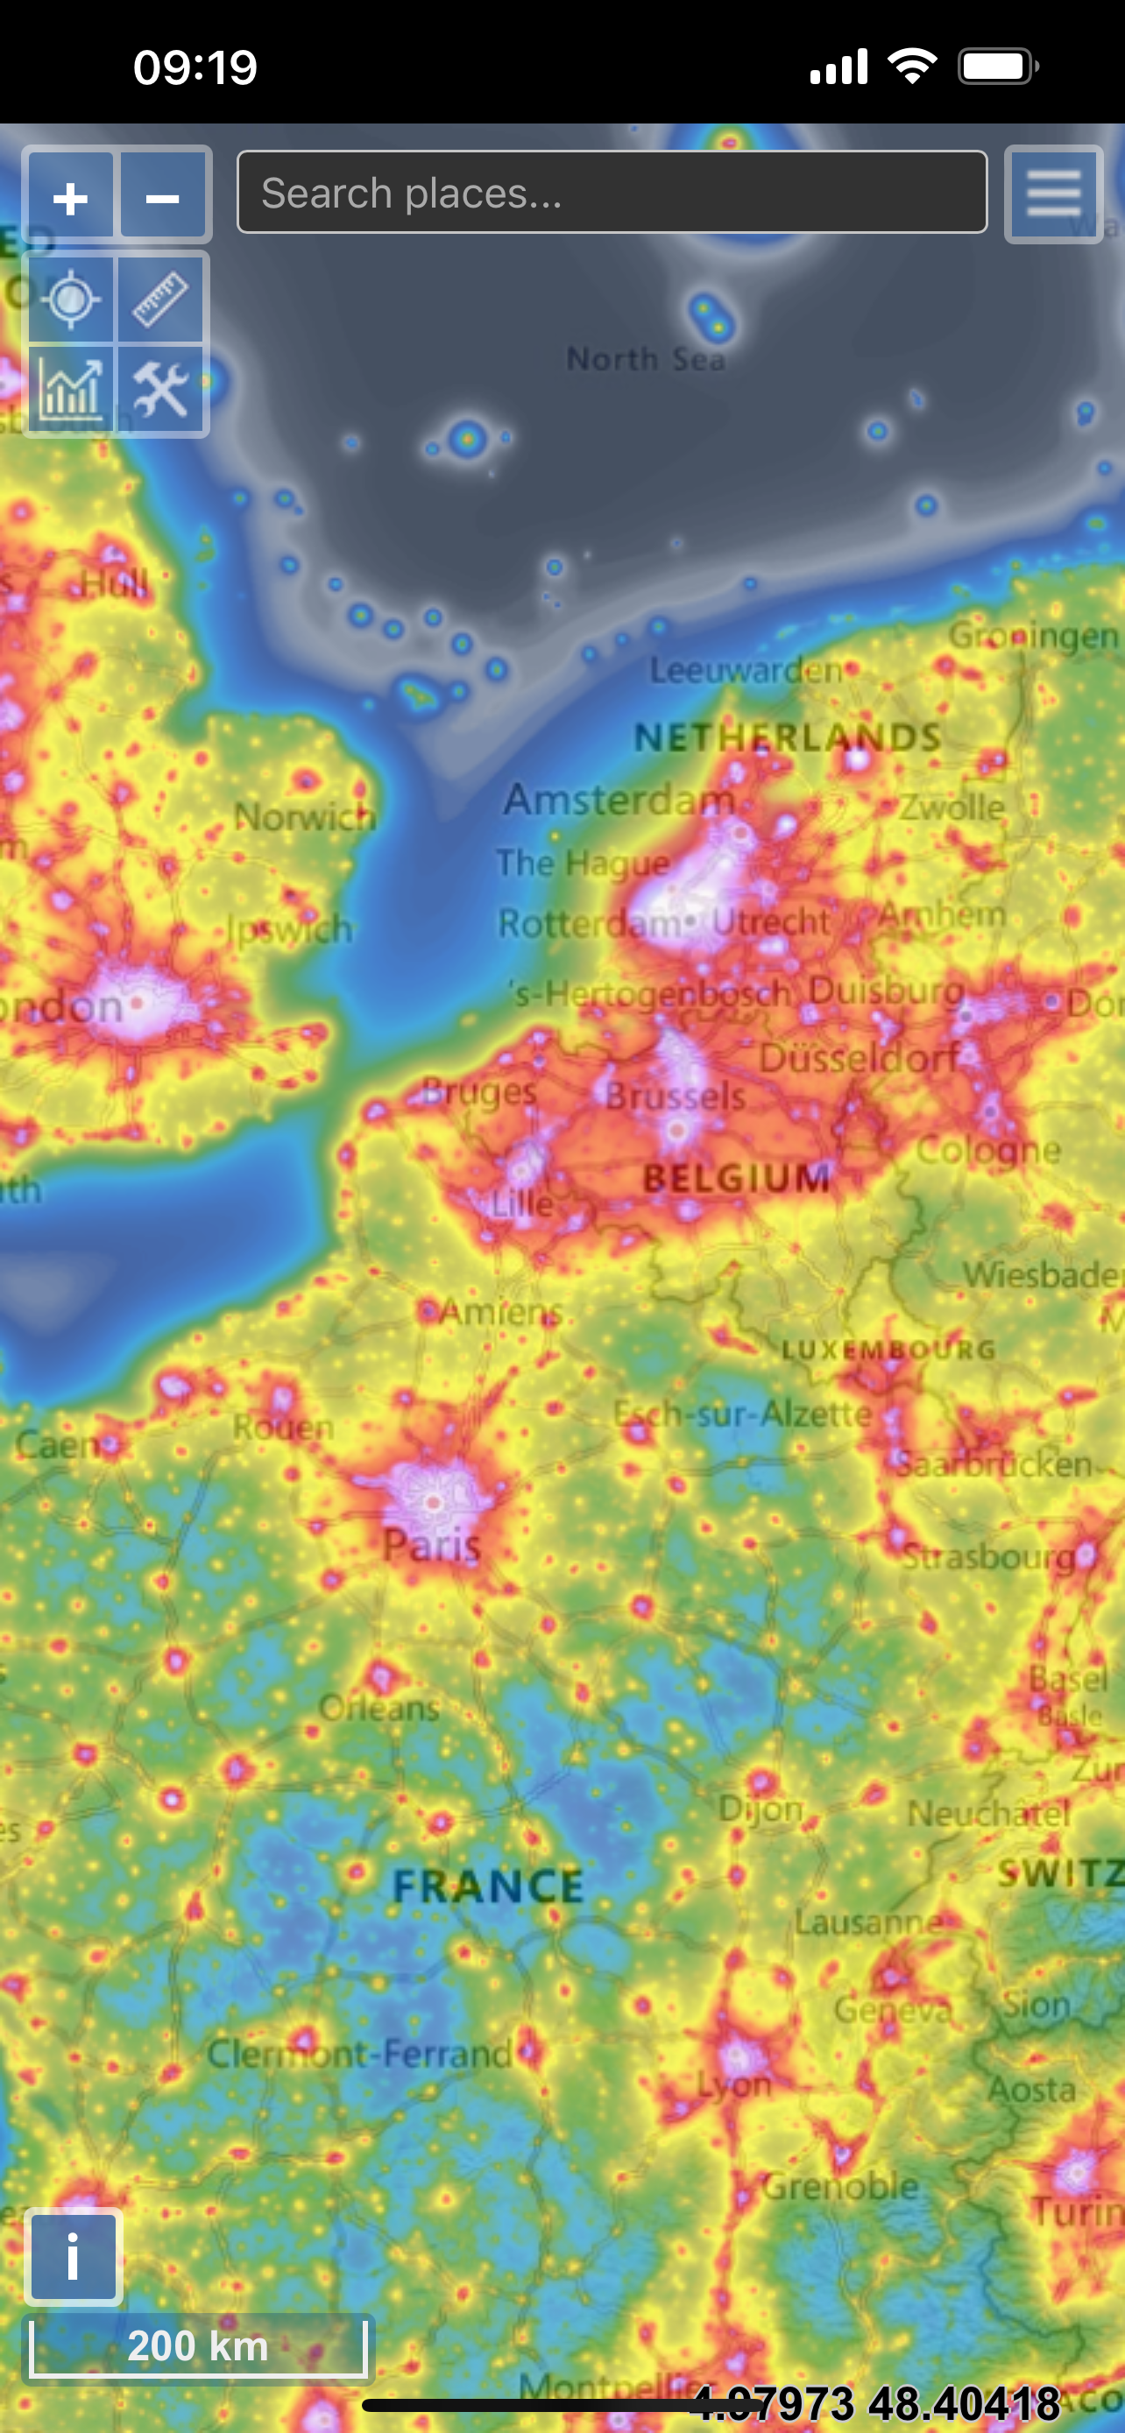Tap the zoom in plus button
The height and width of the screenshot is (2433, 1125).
click(71, 197)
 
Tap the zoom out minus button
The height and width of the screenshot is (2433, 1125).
click(162, 197)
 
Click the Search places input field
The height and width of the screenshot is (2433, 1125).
click(612, 193)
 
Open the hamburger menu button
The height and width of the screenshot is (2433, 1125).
click(1053, 194)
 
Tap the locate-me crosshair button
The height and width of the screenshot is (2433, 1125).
click(71, 300)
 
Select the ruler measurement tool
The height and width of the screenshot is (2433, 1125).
click(161, 300)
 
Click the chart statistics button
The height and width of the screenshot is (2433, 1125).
click(71, 390)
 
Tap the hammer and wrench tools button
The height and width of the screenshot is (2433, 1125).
click(161, 390)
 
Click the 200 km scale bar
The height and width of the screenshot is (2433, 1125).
click(198, 2346)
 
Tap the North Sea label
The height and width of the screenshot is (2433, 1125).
click(646, 360)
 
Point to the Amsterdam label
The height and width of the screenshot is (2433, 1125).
click(619, 800)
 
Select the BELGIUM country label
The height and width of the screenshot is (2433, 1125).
click(737, 1178)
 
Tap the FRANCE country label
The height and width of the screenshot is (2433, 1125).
click(488, 1887)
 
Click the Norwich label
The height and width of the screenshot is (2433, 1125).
click(305, 817)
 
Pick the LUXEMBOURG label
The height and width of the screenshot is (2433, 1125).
click(888, 1350)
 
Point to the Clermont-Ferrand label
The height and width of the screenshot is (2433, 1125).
click(360, 2053)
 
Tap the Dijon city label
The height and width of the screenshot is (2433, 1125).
click(761, 1809)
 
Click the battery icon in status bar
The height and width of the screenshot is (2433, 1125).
click(997, 67)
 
